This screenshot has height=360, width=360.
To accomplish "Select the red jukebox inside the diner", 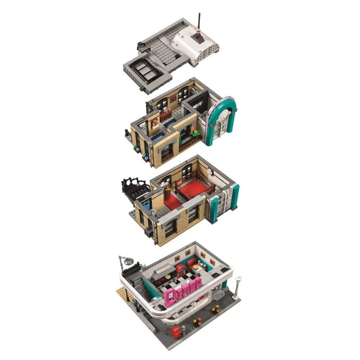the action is point(180,271).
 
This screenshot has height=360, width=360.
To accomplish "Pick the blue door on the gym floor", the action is point(146,206).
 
